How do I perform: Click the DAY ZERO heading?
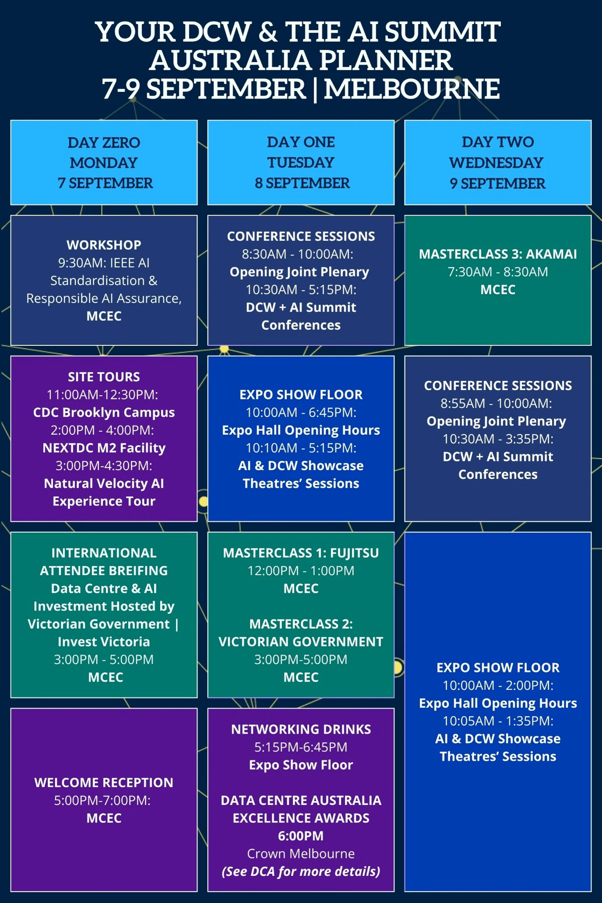coord(104,143)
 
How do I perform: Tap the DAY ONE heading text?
coord(301,142)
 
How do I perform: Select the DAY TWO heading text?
coord(498,142)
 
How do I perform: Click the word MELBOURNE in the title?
coord(412,89)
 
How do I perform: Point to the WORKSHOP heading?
coord(104,245)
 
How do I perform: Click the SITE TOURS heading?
coord(104,377)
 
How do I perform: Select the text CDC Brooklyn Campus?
coord(104,412)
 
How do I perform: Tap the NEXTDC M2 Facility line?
coord(104,448)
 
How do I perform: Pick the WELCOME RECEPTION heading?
coord(104,782)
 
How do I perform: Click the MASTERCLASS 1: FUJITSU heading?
coord(301,553)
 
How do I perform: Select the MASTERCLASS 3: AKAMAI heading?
coord(498,254)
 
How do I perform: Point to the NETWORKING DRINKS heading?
coord(301,729)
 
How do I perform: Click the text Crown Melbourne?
coord(301,854)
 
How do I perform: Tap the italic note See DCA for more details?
coord(301,872)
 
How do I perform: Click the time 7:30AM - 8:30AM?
coord(498,272)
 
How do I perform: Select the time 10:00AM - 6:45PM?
coord(301,412)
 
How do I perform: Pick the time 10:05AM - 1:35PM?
coord(498,721)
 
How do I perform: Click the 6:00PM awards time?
coord(301,836)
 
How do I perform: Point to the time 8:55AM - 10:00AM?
coord(498,403)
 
